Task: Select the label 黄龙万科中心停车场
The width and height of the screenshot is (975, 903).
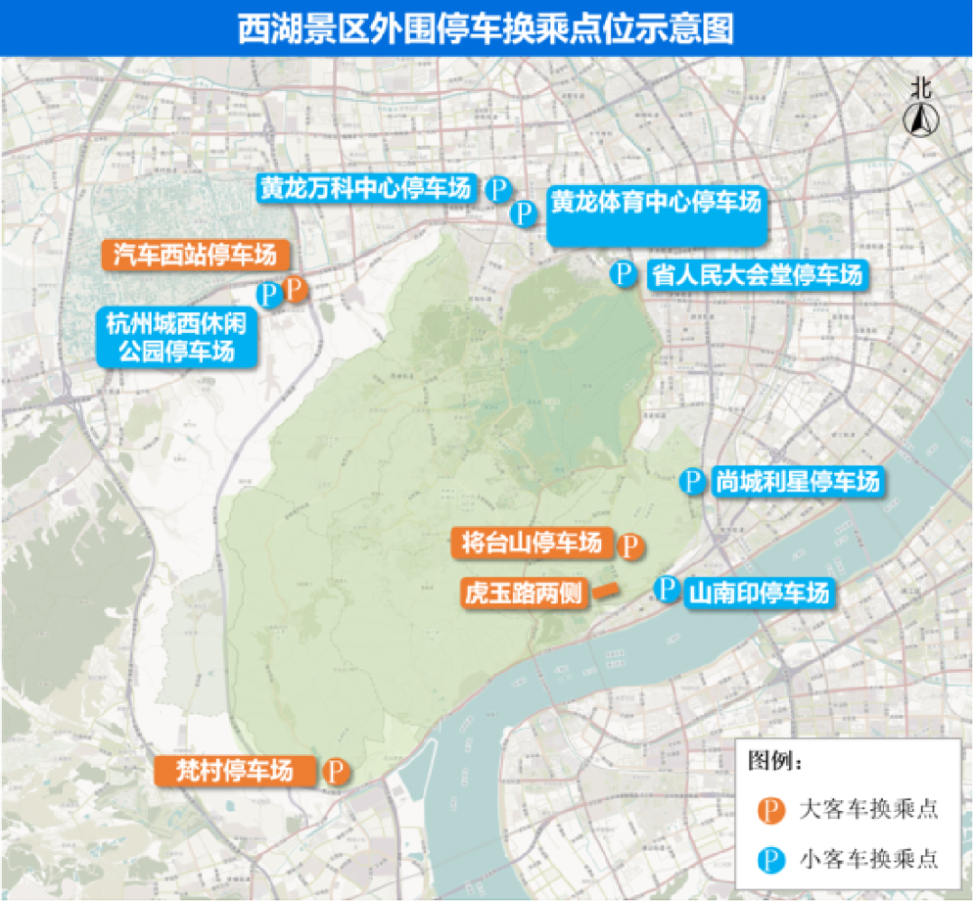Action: (x=365, y=189)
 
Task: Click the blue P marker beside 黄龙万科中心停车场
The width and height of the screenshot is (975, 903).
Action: (x=498, y=189)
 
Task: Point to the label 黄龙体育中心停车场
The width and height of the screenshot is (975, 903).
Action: (x=656, y=203)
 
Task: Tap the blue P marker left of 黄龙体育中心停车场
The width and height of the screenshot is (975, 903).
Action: (x=524, y=214)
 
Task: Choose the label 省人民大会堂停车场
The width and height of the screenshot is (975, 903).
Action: (x=757, y=274)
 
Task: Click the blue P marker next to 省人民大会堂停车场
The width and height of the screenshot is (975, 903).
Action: (x=623, y=273)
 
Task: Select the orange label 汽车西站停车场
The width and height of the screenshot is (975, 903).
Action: (x=194, y=256)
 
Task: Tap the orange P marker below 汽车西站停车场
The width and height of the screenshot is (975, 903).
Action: (x=295, y=290)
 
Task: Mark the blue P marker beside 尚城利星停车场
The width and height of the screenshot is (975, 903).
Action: (x=692, y=481)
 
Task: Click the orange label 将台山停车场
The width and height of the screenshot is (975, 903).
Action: (x=531, y=543)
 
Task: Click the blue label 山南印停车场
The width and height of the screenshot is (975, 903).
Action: (x=757, y=593)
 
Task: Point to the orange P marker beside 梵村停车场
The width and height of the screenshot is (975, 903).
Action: (x=336, y=771)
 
